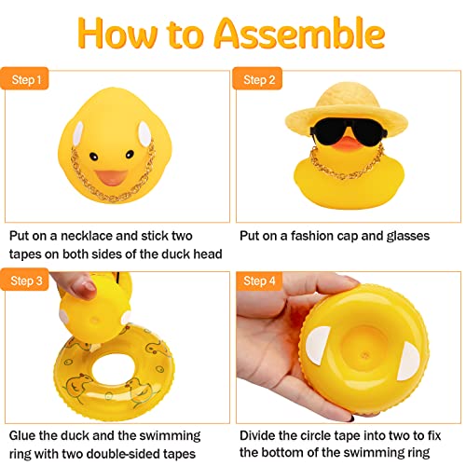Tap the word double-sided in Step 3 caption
pyautogui.click(x=145, y=455)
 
